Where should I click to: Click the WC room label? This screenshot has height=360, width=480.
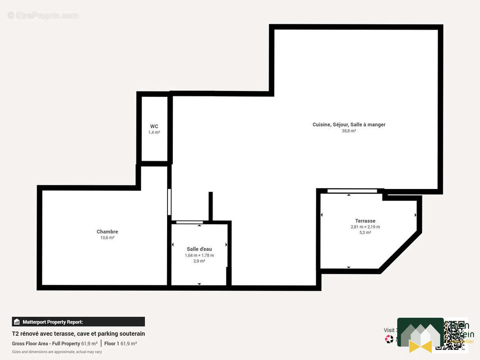point(154,126)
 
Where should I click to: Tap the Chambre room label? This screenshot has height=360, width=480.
point(107,232)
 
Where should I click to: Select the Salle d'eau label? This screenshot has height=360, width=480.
point(199,249)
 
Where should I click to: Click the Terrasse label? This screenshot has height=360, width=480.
point(365,221)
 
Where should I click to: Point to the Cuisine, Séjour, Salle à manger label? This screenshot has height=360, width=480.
point(349,125)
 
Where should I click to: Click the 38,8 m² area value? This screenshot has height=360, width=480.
point(349,131)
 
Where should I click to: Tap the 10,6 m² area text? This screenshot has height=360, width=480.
point(107,238)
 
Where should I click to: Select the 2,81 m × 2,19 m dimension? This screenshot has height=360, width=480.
point(365,227)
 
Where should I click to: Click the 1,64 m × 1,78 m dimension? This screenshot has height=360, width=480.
point(199,255)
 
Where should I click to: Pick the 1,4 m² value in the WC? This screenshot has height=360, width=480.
point(154,133)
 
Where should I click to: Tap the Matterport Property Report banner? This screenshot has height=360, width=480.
point(78,322)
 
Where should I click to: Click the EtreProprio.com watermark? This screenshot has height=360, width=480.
point(43,15)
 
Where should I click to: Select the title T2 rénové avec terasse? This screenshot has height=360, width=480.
point(78,334)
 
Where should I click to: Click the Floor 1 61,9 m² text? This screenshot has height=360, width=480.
point(120,343)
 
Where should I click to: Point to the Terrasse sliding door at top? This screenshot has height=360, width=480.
point(352,191)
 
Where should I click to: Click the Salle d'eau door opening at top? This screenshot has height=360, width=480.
point(189,222)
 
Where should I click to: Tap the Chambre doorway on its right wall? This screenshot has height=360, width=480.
point(169,202)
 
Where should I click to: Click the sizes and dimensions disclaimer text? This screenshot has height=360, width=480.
point(57,352)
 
